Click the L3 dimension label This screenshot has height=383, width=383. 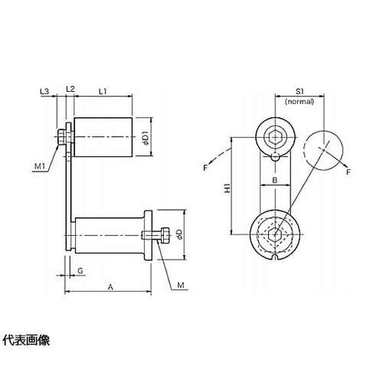tap(44, 91)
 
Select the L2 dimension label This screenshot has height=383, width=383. tap(70, 89)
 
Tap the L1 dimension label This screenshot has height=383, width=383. tap(103, 91)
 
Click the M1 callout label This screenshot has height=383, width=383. tap(40, 166)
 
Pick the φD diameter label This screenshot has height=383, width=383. tap(179, 234)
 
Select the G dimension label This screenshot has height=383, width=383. tap(80, 270)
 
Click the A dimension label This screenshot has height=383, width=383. tap(110, 287)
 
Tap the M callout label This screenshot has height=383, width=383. tap(181, 285)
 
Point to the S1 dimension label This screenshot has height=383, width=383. tap(300, 91)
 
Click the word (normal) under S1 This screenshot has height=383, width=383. tap(300, 101)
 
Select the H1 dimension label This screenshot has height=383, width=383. tap(227, 188)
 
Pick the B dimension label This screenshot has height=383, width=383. tap(275, 180)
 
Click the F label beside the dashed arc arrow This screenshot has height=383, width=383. tap(205, 168)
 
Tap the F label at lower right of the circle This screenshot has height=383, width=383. tap(349, 172)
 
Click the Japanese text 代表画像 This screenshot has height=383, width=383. tap(26, 340)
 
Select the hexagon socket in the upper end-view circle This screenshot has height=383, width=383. tap(276, 137)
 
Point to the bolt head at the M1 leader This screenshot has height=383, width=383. tap(62, 137)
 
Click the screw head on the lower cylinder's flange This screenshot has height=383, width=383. tap(164, 235)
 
